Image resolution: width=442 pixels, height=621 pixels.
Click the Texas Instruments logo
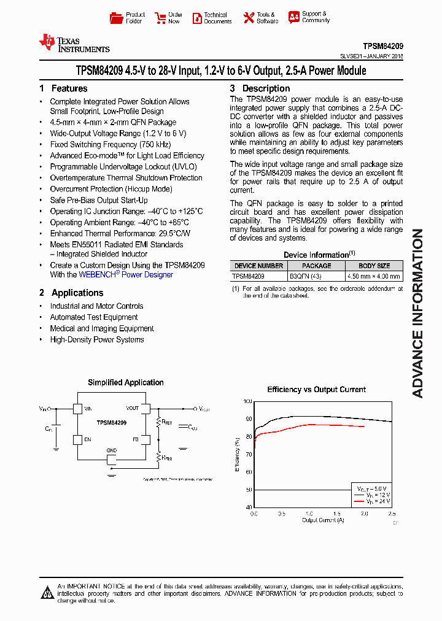click(x=74, y=43)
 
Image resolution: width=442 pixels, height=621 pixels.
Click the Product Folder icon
click(x=117, y=18)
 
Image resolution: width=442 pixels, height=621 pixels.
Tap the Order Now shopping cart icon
click(x=160, y=18)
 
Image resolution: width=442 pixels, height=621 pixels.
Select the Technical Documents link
click(x=218, y=18)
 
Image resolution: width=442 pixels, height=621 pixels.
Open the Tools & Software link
click(x=266, y=18)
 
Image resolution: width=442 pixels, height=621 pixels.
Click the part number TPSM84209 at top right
click(x=382, y=46)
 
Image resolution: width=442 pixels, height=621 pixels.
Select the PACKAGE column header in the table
click(x=316, y=266)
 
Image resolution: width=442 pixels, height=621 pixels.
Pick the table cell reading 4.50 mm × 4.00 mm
click(x=374, y=276)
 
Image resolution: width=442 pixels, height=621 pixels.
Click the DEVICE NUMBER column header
click(x=258, y=266)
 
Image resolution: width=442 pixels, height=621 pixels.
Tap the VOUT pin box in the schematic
click(x=146, y=408)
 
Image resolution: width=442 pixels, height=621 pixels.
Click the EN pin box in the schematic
click(x=77, y=439)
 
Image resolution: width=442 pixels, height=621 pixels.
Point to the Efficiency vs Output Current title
click(x=316, y=390)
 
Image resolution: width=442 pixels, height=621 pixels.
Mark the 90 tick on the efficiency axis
click(x=248, y=419)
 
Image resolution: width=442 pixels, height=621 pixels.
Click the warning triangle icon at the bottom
click(x=47, y=592)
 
